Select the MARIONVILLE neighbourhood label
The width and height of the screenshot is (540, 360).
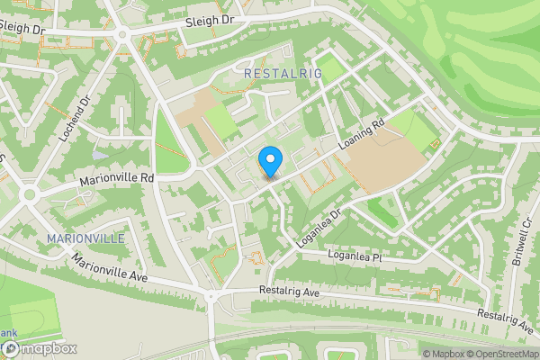click(85, 238)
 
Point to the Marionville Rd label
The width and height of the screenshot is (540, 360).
click(117, 178)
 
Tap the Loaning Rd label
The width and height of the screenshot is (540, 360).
click(363, 135)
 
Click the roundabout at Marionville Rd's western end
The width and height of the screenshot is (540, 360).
click(29, 194)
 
